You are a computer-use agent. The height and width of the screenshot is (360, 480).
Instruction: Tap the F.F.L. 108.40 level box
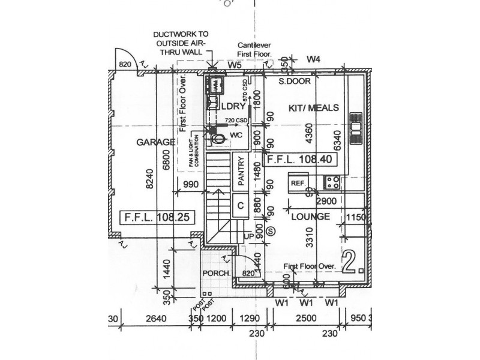point(302,160)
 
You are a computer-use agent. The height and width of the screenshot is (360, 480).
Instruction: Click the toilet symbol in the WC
point(220,139)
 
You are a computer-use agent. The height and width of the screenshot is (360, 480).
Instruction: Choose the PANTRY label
point(240,171)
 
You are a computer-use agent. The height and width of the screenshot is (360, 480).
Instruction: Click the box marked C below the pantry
point(239,205)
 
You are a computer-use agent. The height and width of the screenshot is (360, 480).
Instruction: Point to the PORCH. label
point(216,274)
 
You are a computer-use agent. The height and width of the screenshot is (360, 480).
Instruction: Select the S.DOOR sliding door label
point(293,80)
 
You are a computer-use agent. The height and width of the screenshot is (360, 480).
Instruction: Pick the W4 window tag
point(314,59)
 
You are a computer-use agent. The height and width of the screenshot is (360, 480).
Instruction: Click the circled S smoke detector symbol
point(271,229)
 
